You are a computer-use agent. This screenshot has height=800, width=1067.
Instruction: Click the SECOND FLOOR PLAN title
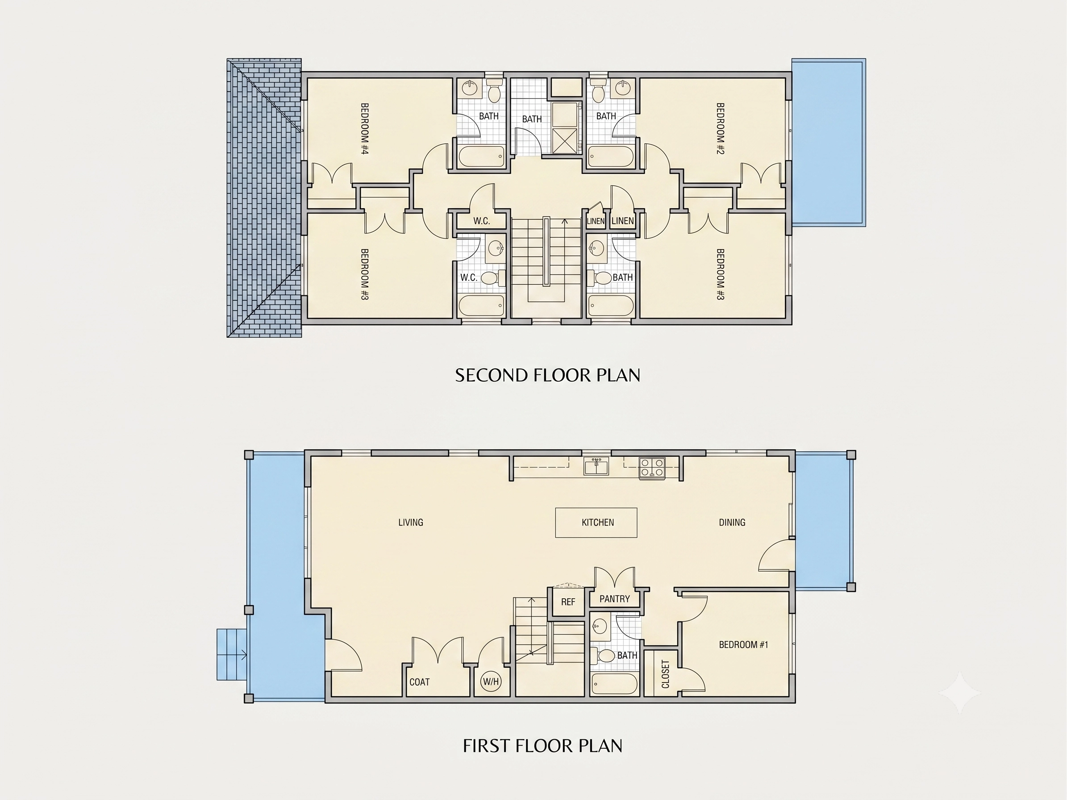[x=547, y=375]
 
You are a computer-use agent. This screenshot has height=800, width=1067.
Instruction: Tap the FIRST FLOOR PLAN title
[x=543, y=746]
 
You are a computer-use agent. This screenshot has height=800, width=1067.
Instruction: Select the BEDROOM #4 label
[x=365, y=128]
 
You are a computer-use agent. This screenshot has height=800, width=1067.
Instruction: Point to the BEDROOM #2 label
[x=720, y=128]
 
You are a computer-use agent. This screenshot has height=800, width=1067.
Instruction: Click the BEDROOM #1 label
[x=743, y=645]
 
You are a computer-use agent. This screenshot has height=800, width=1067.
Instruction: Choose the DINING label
[x=732, y=522]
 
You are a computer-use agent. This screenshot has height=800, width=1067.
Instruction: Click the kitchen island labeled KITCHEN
[x=596, y=522]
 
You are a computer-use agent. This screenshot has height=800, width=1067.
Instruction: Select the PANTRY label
[x=615, y=599]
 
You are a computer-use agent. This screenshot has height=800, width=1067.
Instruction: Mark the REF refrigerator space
[x=568, y=602]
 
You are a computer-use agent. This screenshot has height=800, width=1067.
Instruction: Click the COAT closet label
[x=419, y=682]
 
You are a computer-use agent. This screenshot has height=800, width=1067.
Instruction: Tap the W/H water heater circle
[x=491, y=682]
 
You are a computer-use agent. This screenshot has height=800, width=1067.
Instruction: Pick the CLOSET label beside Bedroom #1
[x=666, y=674]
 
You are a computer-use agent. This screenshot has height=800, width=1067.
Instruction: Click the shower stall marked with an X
[x=564, y=139]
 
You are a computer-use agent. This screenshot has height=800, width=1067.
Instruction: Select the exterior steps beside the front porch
[x=232, y=654]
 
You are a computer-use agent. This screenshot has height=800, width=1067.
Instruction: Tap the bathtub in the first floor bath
[x=613, y=684]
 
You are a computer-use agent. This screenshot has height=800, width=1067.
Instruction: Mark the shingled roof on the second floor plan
[x=264, y=198]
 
